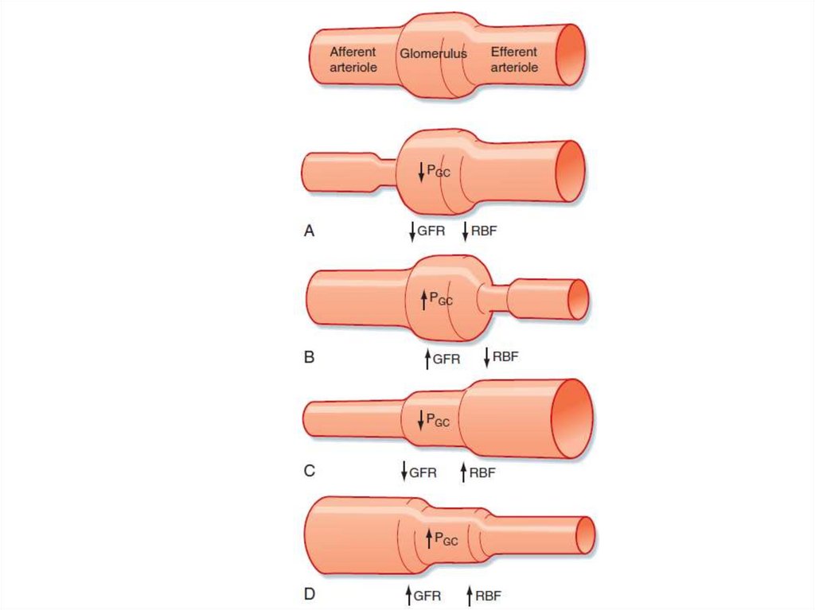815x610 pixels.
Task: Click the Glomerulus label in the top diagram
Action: coord(433,54)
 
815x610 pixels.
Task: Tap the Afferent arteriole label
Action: coord(353,60)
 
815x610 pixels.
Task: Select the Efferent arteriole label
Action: coord(514,60)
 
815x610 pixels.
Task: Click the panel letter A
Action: coord(310,231)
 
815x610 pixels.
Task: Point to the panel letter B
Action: coord(310,357)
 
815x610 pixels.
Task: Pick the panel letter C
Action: coord(310,471)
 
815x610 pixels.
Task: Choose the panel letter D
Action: coord(310,594)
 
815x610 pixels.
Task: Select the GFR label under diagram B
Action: coord(446,359)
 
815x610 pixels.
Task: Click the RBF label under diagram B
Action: coord(505,356)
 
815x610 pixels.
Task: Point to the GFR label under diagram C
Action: coord(423,472)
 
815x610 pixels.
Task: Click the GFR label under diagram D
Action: coord(427,594)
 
